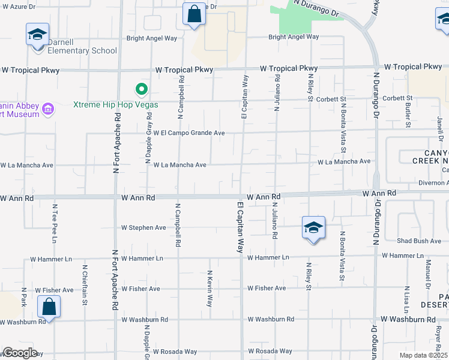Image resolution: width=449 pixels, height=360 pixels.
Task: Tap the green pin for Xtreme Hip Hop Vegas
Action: (142, 90)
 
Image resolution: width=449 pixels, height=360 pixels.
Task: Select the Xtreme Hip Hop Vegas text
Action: (116, 104)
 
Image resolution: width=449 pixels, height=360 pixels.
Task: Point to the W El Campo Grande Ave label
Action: (188, 133)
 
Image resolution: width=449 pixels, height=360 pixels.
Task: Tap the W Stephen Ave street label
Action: (143, 228)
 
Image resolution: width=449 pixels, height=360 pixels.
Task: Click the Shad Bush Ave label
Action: (419, 241)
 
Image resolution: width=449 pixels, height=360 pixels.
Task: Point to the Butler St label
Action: (408, 110)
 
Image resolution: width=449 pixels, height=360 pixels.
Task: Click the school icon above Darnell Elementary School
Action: (37, 34)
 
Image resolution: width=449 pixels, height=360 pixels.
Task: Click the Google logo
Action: (20, 353)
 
